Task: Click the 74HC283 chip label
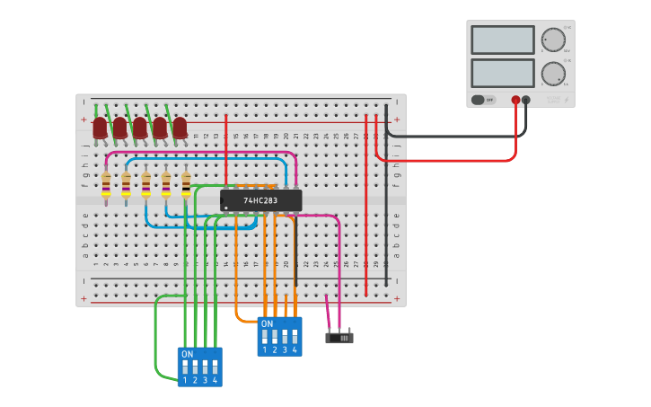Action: click(260, 200)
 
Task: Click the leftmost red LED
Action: click(100, 128)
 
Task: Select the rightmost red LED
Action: click(180, 128)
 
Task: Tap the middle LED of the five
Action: click(140, 128)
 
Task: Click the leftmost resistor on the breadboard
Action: click(106, 185)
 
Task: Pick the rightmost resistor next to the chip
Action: click(186, 185)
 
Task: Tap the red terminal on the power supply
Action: click(515, 100)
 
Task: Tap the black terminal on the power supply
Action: click(526, 100)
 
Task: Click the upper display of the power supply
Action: click(502, 40)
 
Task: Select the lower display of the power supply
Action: click(502, 73)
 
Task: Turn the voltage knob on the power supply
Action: click(553, 40)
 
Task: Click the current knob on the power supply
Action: click(553, 74)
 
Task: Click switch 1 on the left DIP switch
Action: click(185, 368)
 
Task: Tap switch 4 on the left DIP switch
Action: click(215, 368)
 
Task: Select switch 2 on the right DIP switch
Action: click(275, 338)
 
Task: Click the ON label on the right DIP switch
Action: click(267, 323)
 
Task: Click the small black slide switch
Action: click(339, 338)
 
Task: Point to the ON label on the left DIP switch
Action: click(187, 354)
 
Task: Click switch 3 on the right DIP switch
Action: click(285, 338)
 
